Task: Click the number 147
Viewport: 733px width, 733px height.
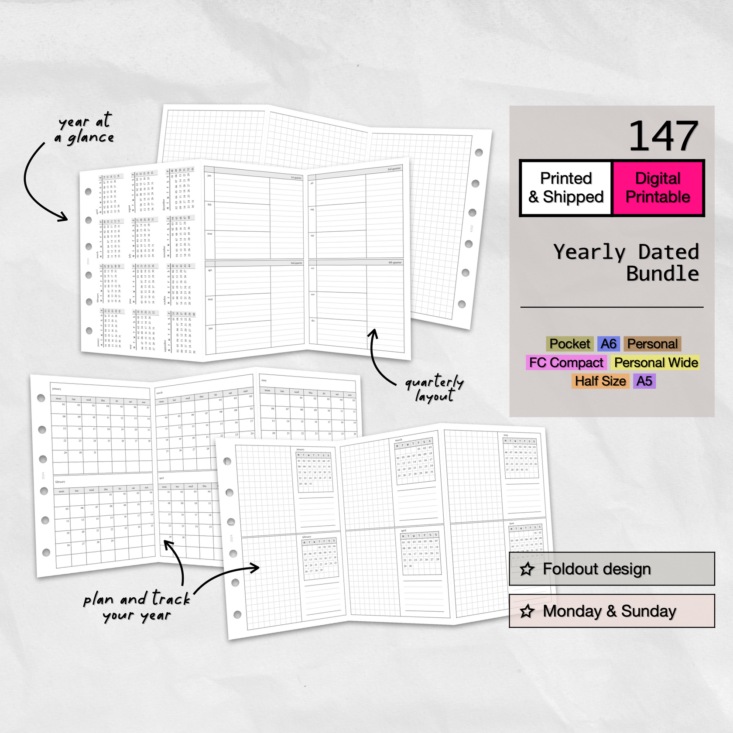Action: coord(663,137)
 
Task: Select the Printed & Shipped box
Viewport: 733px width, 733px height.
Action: coord(566,188)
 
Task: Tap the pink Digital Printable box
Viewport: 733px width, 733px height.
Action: coord(658,188)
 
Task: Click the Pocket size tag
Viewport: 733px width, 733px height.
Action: coord(569,344)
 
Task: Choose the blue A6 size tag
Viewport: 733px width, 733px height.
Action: coord(608,344)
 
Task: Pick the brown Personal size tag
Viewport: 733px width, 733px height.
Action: coord(652,344)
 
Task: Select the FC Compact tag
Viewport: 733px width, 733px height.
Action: coord(566,363)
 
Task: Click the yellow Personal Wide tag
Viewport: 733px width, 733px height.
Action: coord(656,363)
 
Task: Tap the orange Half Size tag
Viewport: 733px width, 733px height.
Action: coord(600,381)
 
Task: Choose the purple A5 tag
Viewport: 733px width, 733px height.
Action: coord(644,381)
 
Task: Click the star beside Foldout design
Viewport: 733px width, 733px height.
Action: coord(527,569)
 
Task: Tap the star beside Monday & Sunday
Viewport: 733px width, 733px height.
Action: coord(527,611)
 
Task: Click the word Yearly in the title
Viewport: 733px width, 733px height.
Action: coord(589,252)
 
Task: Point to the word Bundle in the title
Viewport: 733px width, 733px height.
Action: coord(662,274)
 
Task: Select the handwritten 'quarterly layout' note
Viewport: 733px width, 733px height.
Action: coord(435,388)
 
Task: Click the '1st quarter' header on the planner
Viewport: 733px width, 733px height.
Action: coord(296,178)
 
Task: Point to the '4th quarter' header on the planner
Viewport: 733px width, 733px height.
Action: coord(395,263)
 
